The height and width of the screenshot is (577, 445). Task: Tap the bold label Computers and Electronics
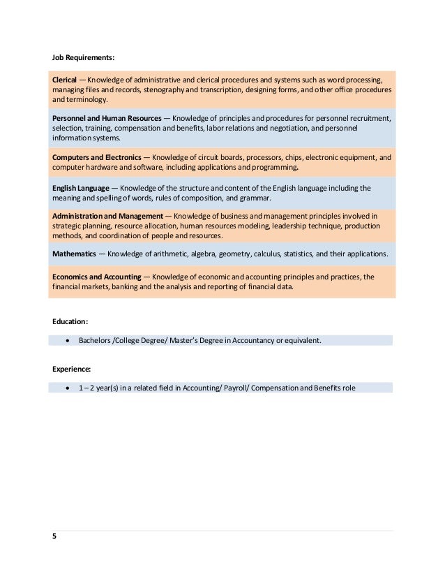pos(97,158)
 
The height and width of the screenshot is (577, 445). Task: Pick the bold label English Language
pos(80,188)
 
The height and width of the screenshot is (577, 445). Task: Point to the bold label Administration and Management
pos(107,217)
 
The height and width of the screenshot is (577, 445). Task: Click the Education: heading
pos(70,321)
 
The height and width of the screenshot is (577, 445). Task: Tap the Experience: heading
pos(72,368)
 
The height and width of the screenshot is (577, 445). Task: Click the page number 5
pos(54,536)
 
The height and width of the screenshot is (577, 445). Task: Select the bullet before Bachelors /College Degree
pos(67,341)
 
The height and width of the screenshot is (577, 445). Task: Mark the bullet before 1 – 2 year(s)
pos(67,388)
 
